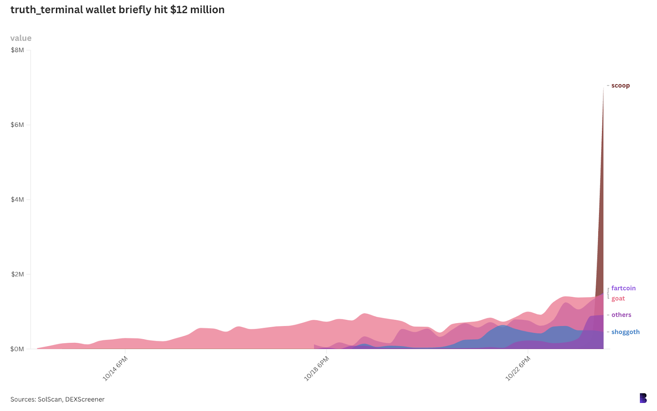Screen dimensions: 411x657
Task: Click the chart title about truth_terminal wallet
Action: coord(117,10)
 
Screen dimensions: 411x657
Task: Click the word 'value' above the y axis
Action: coord(21,38)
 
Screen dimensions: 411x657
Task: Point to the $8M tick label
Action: coord(18,50)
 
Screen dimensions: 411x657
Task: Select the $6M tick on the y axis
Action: coord(18,125)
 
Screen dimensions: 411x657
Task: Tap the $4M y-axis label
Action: coord(18,200)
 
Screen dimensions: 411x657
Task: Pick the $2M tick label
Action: coord(18,274)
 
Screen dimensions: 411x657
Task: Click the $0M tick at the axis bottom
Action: coord(18,349)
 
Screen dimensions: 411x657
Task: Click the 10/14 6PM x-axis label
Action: coord(115,368)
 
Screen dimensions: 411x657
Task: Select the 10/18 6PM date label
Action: coord(317,368)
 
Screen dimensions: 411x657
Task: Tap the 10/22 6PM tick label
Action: coord(518,368)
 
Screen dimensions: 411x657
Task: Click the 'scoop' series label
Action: coord(620,85)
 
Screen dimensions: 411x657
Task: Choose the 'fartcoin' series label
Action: coord(623,288)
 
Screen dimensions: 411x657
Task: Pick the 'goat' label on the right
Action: coord(618,298)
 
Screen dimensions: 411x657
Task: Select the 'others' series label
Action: coord(621,315)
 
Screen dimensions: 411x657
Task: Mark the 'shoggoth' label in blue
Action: coord(625,332)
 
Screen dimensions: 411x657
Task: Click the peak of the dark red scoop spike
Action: coord(603,88)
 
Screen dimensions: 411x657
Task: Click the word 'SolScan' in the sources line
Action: coord(49,399)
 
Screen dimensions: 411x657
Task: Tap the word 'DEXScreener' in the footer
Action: coord(85,399)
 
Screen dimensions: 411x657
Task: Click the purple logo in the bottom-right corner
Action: coord(643,398)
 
